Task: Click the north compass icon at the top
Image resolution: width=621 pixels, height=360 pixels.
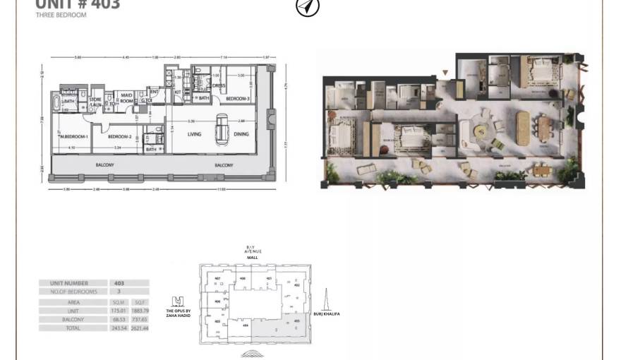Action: click(307, 6)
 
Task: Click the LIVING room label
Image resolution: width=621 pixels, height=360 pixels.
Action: click(194, 134)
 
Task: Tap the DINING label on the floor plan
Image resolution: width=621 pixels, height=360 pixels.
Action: click(241, 134)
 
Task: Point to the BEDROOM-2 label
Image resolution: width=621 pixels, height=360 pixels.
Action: click(120, 137)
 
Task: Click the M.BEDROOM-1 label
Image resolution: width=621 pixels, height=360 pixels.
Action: click(73, 137)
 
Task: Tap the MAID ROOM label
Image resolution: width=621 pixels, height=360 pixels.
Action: click(127, 98)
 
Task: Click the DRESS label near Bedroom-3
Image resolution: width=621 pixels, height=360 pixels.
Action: click(219, 86)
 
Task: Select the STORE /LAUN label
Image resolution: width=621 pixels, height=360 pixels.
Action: click(95, 102)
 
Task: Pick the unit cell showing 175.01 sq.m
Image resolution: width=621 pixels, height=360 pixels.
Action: click(118, 311)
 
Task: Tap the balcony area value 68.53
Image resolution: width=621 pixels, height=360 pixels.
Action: click(118, 320)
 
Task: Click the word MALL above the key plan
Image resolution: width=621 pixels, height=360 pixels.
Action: click(253, 258)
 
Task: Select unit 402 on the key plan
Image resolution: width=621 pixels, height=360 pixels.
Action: click(297, 285)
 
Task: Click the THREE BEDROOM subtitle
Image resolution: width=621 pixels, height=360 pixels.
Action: click(61, 15)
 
